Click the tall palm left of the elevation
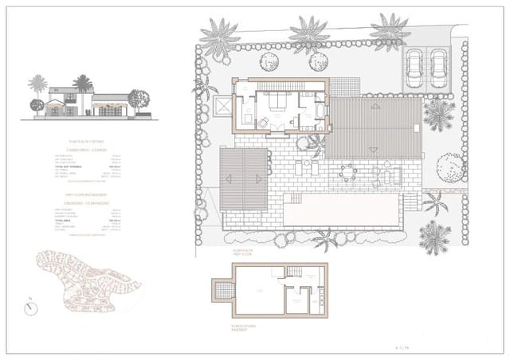coord(37,92)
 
